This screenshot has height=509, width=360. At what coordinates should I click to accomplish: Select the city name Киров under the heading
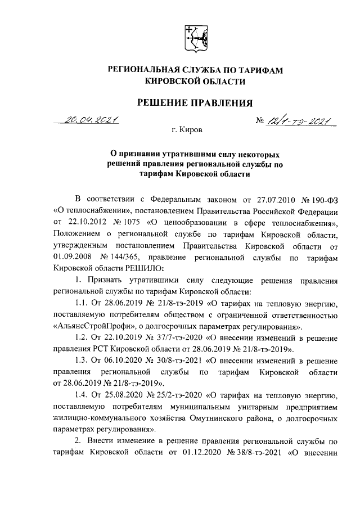click(x=192, y=130)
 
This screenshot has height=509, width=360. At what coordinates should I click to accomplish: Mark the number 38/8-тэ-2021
click(x=260, y=454)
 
